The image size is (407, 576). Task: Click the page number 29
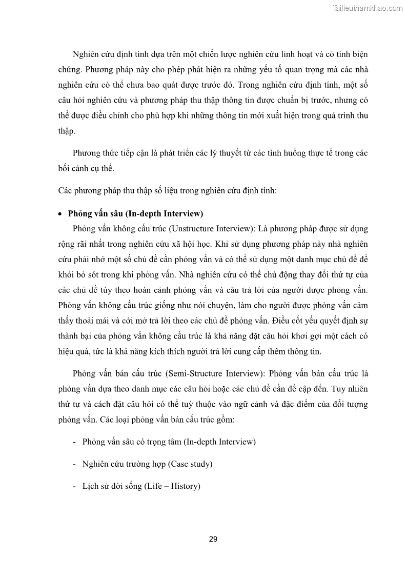click(213, 539)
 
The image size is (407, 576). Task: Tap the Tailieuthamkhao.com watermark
click(368, 8)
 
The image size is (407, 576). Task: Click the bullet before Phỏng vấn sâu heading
click(62, 214)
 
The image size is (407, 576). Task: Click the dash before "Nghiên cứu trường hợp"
click(75, 464)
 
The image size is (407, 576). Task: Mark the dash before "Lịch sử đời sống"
click(75, 486)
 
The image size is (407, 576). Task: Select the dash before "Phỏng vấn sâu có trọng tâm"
click(75, 441)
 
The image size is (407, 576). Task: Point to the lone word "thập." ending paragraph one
click(67, 131)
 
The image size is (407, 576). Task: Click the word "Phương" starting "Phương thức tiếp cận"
click(88, 153)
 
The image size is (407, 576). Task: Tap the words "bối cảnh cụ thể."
click(87, 168)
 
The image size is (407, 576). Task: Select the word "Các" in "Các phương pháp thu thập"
click(65, 191)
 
